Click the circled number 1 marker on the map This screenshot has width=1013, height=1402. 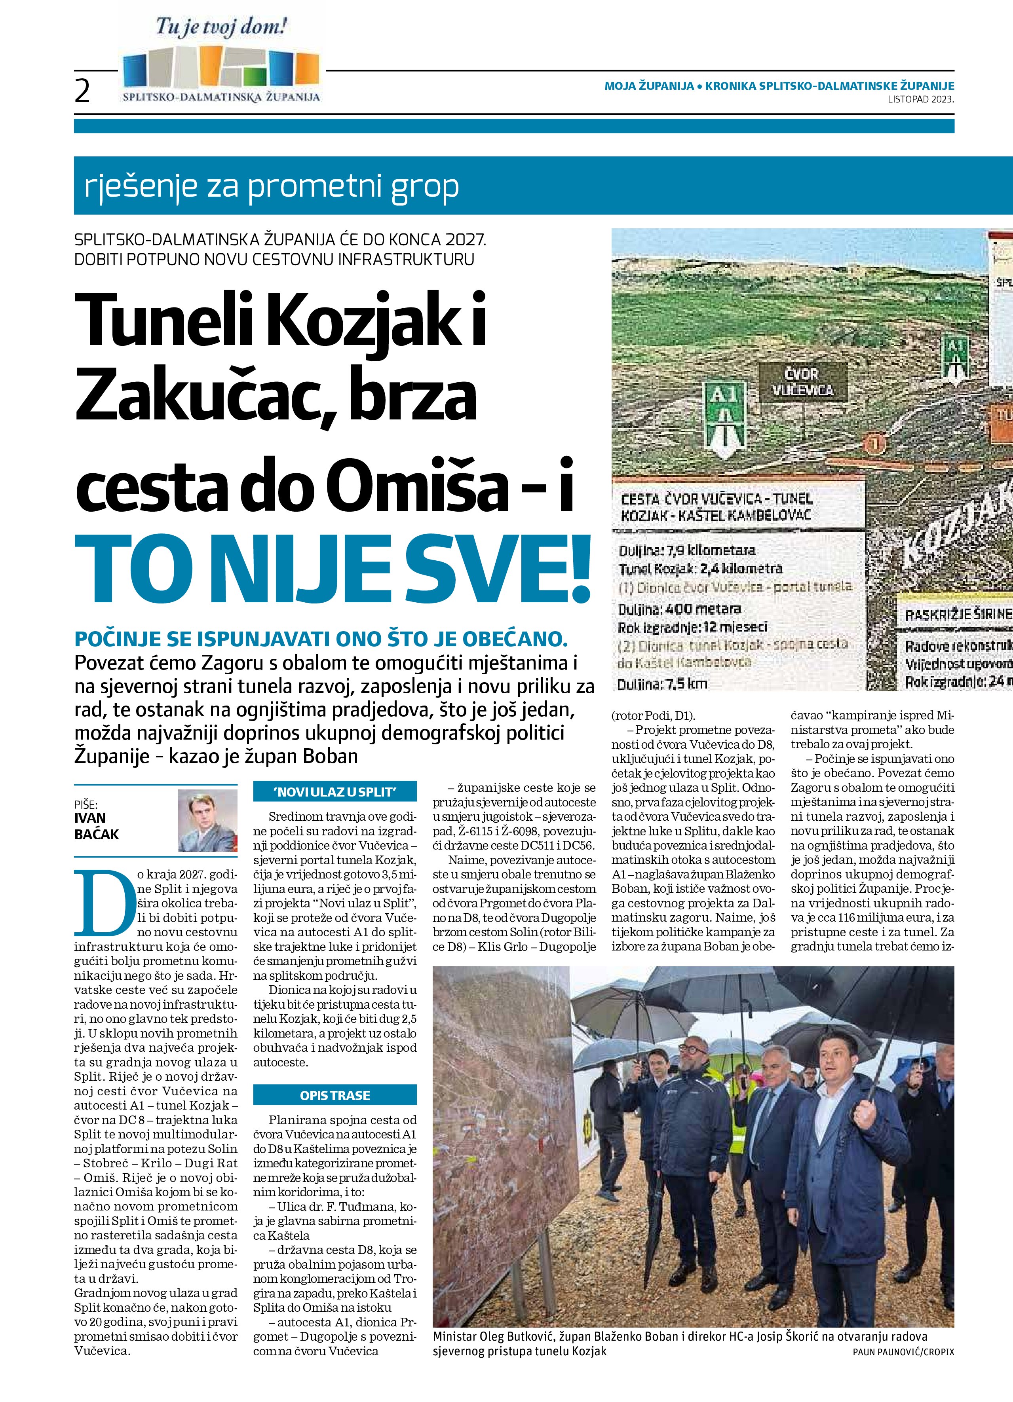(x=872, y=443)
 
